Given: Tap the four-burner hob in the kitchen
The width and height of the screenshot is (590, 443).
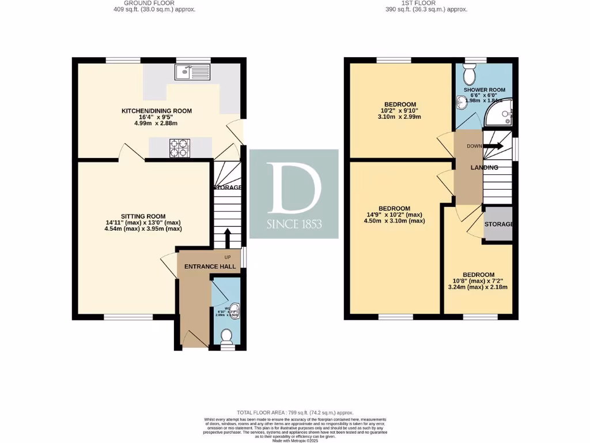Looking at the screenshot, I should click(x=180, y=148).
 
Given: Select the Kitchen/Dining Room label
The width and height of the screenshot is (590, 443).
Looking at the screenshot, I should click(x=156, y=111).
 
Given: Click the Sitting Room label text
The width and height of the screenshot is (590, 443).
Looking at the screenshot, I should click(x=139, y=213).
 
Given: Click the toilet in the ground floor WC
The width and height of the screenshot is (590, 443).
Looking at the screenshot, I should click(x=226, y=336).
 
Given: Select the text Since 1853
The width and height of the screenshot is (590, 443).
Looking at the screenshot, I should click(x=294, y=224).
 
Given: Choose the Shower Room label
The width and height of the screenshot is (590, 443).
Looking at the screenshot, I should click(x=488, y=90).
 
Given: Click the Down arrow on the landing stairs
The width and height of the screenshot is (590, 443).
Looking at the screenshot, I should click(x=492, y=146).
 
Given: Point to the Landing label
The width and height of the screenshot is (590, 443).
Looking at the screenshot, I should click(x=484, y=167).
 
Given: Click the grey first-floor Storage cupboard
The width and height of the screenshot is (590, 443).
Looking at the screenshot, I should click(x=498, y=224).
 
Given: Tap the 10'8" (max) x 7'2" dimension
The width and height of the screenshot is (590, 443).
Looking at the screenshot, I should click(x=478, y=281).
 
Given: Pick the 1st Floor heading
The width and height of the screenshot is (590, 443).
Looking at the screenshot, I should click(x=426, y=3).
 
